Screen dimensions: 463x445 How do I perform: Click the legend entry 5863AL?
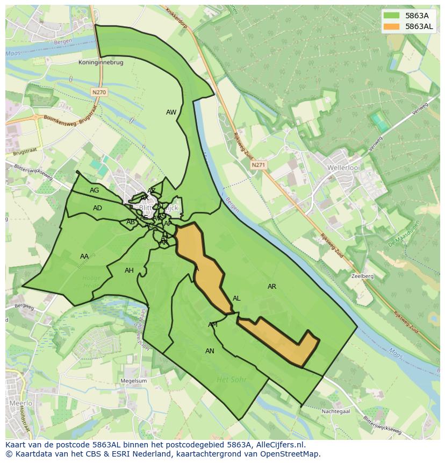[419, 26]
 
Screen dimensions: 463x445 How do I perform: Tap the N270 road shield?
[99, 92]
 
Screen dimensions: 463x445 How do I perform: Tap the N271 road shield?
[258, 166]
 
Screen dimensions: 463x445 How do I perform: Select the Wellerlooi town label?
[343, 168]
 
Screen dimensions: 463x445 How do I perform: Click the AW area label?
[171, 112]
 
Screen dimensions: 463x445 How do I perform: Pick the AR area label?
[272, 287]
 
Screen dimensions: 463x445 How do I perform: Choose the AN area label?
[210, 351]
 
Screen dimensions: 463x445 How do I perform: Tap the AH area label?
[129, 270]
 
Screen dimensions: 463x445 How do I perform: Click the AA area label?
[84, 257]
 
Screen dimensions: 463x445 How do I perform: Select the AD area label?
[97, 208]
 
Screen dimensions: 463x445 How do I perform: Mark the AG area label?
[95, 190]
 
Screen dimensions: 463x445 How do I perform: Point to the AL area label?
[236, 298]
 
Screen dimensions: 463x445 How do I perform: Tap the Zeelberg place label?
[362, 276]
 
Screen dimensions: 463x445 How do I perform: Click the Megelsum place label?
[134, 381]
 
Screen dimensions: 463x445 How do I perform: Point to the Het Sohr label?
[231, 379]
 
